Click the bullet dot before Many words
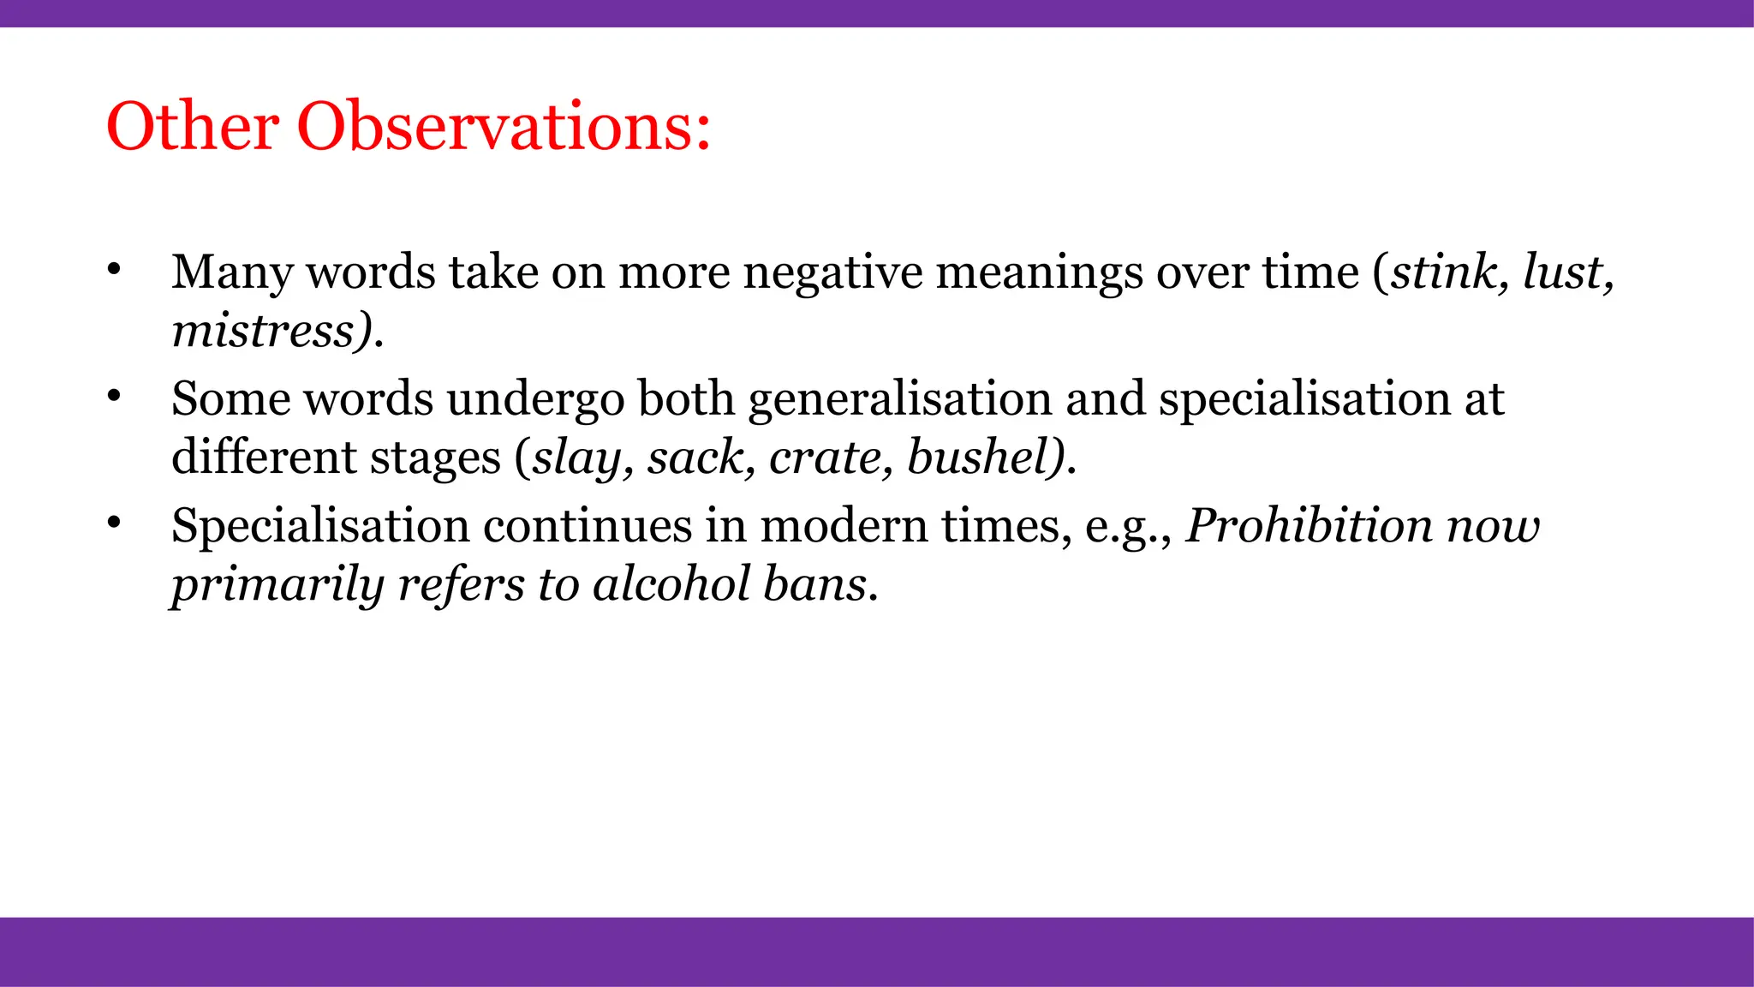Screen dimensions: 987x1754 (x=114, y=270)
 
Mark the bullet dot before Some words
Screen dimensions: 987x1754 (x=114, y=397)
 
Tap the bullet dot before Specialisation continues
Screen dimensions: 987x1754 (x=114, y=523)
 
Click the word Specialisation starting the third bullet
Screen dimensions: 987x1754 (x=319, y=525)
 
